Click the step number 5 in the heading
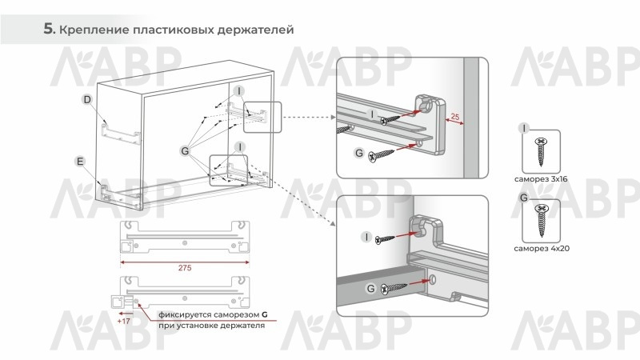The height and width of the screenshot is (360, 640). coord(49,29)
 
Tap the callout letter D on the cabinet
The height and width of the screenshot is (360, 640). coord(87,99)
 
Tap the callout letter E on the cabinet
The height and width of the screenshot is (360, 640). coord(80,162)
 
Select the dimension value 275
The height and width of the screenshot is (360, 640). coord(185,268)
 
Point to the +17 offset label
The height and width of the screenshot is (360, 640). coord(123,322)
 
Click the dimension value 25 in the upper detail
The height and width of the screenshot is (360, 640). coord(455,117)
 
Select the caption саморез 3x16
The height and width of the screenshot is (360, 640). coord(541,178)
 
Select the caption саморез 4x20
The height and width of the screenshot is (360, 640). coord(542,248)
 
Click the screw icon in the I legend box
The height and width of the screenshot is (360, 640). coord(541,151)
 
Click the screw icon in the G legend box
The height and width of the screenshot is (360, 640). coord(542,221)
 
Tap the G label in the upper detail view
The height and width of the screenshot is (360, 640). coord(359,153)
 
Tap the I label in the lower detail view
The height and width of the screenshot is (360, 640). coord(366,237)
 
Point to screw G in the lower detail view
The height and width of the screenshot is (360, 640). coord(394,289)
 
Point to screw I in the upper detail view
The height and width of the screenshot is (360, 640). coord(391,119)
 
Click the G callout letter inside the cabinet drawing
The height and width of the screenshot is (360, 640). coord(185,151)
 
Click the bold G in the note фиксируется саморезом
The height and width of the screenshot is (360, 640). coord(265,314)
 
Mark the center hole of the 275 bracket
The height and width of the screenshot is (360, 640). coord(185,243)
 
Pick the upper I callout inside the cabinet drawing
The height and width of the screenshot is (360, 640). coord(239,90)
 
